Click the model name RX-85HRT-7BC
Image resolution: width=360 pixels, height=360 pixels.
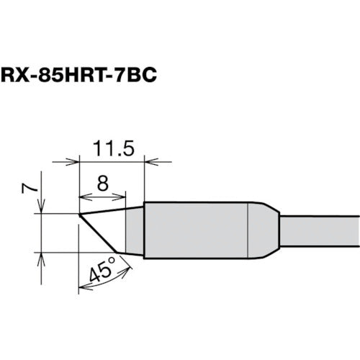pos(78,73)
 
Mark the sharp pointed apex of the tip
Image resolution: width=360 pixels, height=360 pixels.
pos(79,214)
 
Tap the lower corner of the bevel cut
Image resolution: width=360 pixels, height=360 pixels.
pos(117,253)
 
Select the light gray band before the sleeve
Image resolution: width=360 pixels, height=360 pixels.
pos(135,230)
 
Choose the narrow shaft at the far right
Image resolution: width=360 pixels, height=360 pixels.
pos(320,230)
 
